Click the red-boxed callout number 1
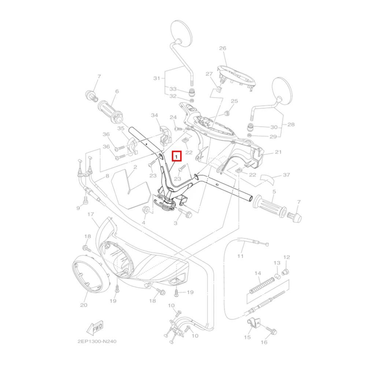[177, 157]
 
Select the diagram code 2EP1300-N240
[97, 341]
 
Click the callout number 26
[223, 48]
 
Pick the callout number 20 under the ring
[83, 305]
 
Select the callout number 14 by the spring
[258, 273]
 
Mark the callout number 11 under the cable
[240, 256]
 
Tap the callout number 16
[264, 342]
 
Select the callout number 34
[155, 116]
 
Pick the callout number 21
[278, 152]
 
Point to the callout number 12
[287, 257]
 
